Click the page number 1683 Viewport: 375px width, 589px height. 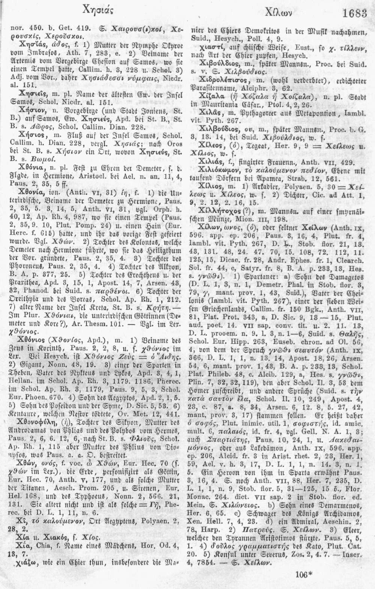click(354, 14)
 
